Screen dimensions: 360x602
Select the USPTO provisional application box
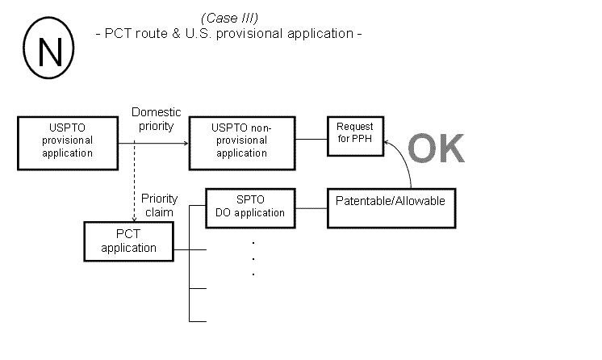pos(68,141)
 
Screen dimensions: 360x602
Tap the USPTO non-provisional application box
pos(240,140)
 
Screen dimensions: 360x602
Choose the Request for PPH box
pos(354,132)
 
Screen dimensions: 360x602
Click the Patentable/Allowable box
pos(390,200)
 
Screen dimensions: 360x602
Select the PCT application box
pos(128,241)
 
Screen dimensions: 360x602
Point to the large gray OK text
pos(436,149)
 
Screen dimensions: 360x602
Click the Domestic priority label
pos(156,119)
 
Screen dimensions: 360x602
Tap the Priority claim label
pos(159,205)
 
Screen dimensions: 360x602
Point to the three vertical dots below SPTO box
pos(253,258)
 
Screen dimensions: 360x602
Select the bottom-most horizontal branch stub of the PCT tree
pos(199,321)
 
